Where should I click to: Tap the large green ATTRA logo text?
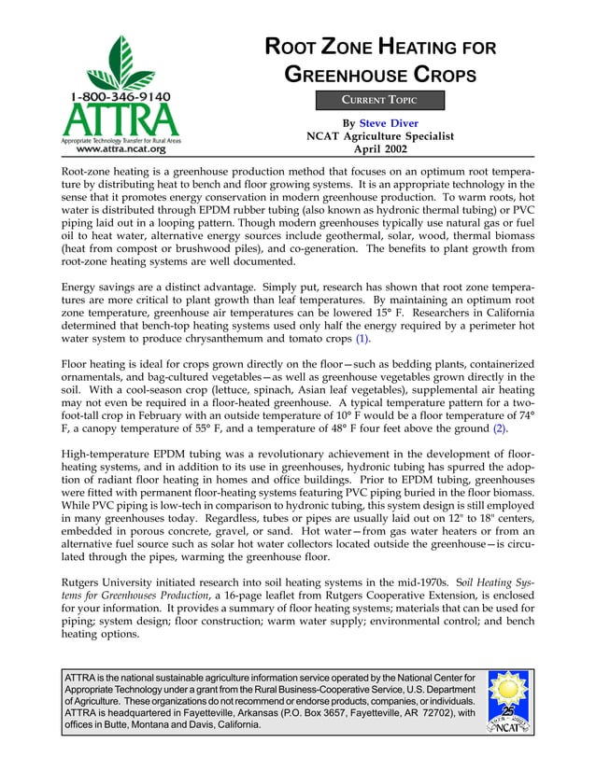[x=121, y=119]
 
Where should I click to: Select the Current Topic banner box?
[x=378, y=99]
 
